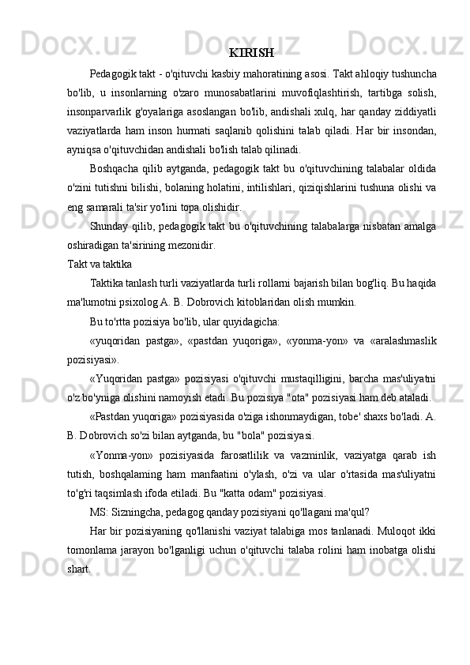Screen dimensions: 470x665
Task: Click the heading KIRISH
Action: pyautogui.click(x=251, y=54)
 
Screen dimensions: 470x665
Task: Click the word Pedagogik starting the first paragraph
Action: pyautogui.click(x=115, y=74)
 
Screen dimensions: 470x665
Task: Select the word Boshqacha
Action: pyautogui.click(x=116, y=169)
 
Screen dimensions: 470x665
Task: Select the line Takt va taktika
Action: pyautogui.click(x=99, y=264)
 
